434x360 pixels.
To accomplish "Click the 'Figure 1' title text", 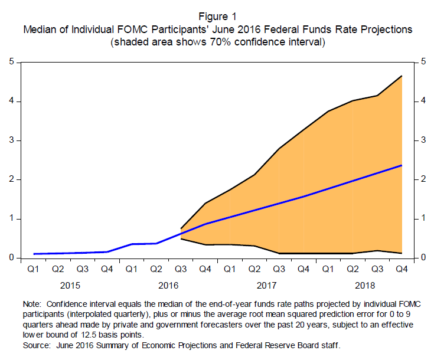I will point(217,17).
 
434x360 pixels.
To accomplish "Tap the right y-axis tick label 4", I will point(423,102).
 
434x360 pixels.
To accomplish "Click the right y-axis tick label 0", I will point(423,258).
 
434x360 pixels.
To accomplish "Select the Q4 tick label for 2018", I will point(402,270).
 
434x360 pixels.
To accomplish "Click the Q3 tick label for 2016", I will point(181,270).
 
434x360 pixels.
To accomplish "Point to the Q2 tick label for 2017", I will point(254,270).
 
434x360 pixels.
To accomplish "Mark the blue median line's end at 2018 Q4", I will point(402,165).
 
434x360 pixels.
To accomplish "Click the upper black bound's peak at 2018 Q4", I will point(402,76).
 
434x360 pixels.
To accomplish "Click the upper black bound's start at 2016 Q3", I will point(181,228).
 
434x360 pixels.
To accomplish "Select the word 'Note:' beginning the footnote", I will point(33,303).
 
